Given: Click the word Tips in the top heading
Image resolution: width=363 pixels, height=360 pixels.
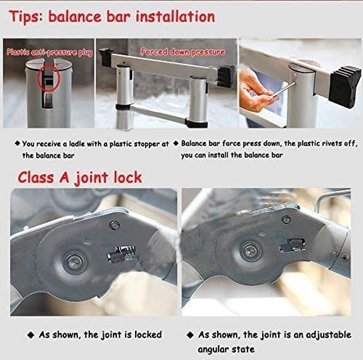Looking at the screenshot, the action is click(x=26, y=17).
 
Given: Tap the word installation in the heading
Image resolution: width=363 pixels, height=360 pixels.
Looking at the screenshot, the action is click(x=175, y=17).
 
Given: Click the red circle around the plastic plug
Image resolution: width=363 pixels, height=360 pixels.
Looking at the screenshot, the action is click(x=49, y=78).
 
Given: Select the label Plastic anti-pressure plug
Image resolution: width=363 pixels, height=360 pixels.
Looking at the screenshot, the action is click(x=49, y=52).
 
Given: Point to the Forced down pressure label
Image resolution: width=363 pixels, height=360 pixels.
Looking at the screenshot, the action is click(x=183, y=52).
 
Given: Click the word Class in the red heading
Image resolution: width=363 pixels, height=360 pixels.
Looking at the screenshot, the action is click(x=36, y=177).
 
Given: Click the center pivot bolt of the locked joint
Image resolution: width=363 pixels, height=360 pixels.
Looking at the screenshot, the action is click(x=75, y=262).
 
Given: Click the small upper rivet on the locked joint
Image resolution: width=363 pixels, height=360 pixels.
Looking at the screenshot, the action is click(x=114, y=225).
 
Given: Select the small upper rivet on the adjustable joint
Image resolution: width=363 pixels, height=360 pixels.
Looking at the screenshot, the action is click(x=286, y=220).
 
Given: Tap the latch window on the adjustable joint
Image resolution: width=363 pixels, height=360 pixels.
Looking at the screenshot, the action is click(x=293, y=245).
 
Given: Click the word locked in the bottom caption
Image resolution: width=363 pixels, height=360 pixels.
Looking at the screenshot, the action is click(x=148, y=335).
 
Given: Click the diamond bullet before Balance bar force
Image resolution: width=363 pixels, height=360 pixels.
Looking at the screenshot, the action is click(x=176, y=143).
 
